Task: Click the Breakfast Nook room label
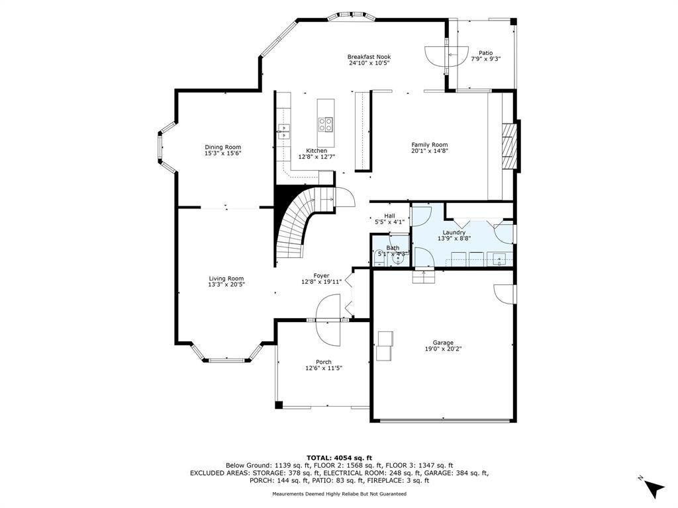point(369,57)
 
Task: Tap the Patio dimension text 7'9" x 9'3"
point(485,59)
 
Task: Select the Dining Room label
point(222,147)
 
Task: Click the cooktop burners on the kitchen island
point(326,124)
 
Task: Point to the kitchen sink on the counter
point(283,132)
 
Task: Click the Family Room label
point(429,145)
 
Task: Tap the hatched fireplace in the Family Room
point(509,146)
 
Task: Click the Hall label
point(389,216)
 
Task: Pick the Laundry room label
point(454,232)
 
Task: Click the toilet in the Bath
point(375,259)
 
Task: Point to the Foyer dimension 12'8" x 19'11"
point(321,282)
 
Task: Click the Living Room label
point(226,278)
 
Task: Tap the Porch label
point(323,362)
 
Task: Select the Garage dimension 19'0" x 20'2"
point(443,349)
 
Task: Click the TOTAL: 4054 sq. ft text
point(339,458)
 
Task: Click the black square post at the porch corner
point(279,405)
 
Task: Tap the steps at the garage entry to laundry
point(423,276)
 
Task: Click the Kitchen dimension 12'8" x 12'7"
point(316,157)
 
